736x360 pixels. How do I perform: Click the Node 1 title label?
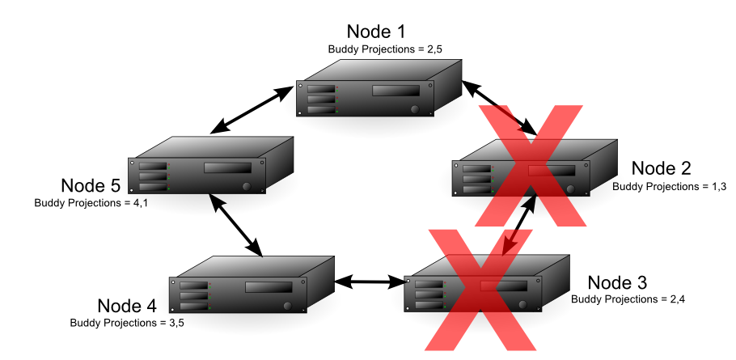tap(375, 32)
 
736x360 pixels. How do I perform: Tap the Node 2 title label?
tap(661, 168)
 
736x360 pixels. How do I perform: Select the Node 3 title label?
tap(617, 282)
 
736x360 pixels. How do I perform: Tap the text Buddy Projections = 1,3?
tap(670, 186)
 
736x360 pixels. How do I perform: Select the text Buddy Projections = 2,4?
tap(628, 299)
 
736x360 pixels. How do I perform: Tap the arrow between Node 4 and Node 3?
tap(370, 282)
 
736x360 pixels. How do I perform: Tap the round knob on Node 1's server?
tap(415, 109)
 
